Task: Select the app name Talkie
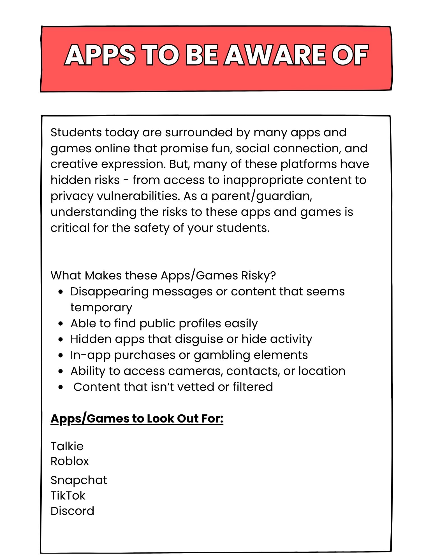click(x=67, y=446)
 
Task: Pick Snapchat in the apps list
click(x=79, y=480)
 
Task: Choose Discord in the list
click(x=72, y=511)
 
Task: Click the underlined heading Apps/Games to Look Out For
click(x=137, y=419)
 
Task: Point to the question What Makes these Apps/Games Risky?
click(x=163, y=276)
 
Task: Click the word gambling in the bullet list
click(x=222, y=355)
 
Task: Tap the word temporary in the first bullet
click(x=101, y=308)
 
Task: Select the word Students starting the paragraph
click(x=76, y=132)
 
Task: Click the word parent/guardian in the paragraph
click(x=261, y=196)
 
